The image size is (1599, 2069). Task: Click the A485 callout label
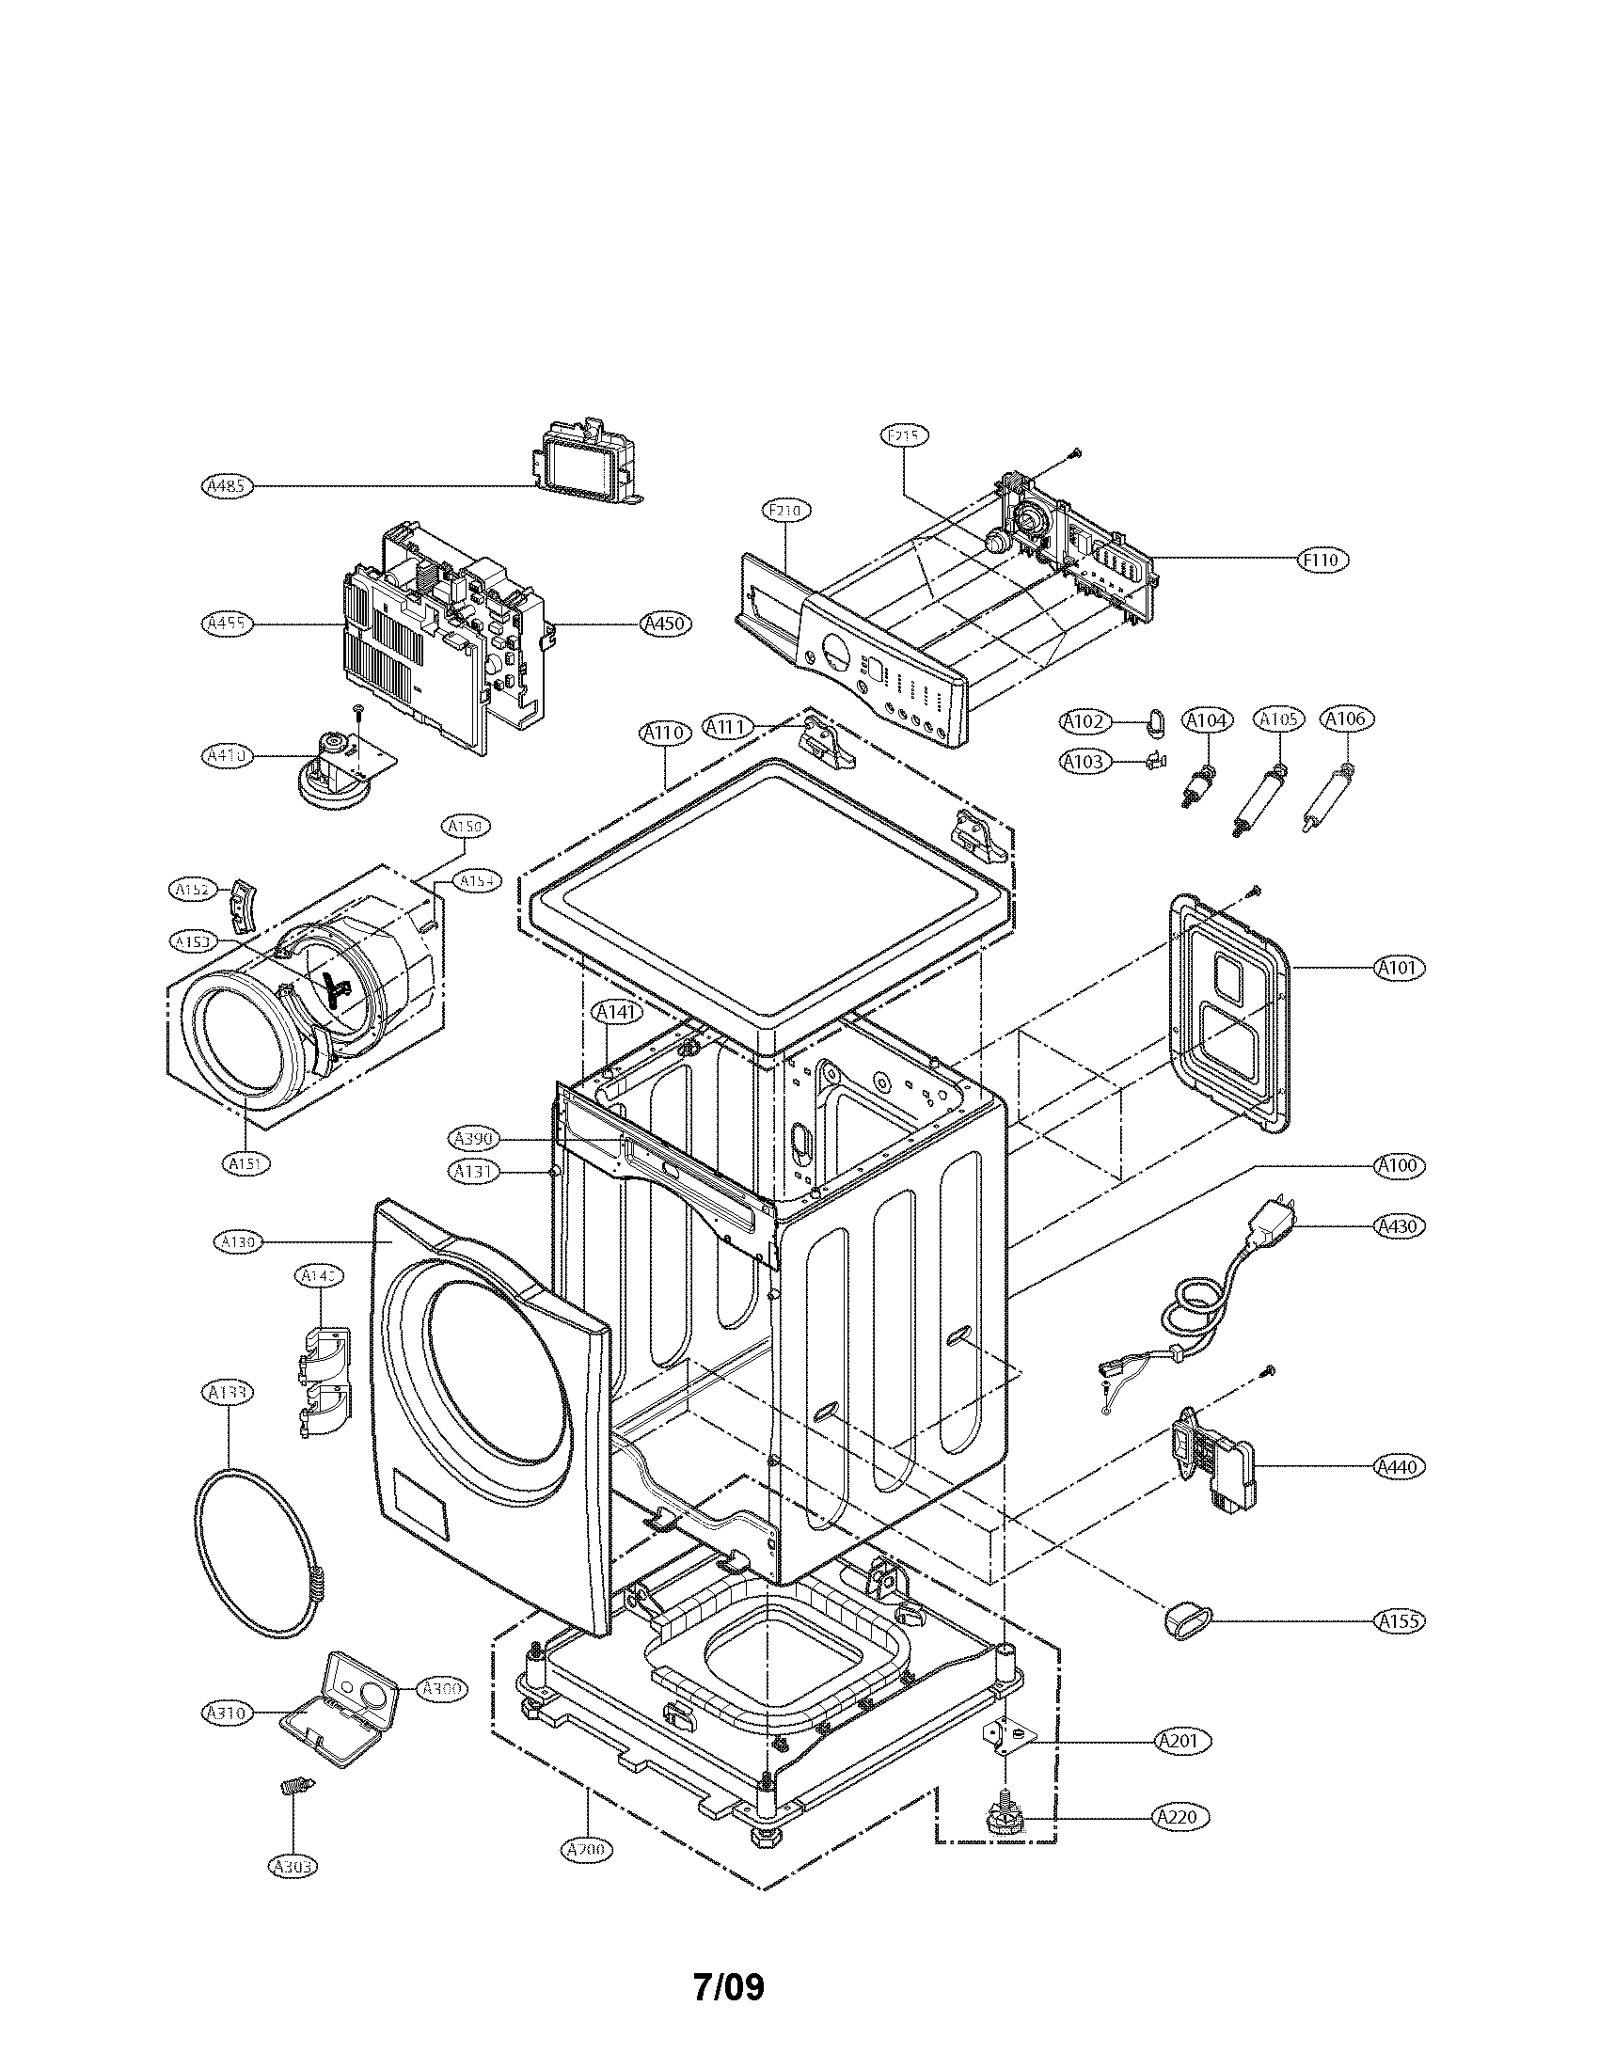point(228,486)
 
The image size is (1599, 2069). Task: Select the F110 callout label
point(1322,560)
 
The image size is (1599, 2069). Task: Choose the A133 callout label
point(228,1392)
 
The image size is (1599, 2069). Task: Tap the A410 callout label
point(228,756)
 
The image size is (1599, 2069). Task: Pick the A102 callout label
point(1084,722)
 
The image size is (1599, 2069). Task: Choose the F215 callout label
point(904,434)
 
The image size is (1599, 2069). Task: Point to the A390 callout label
point(473,1139)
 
